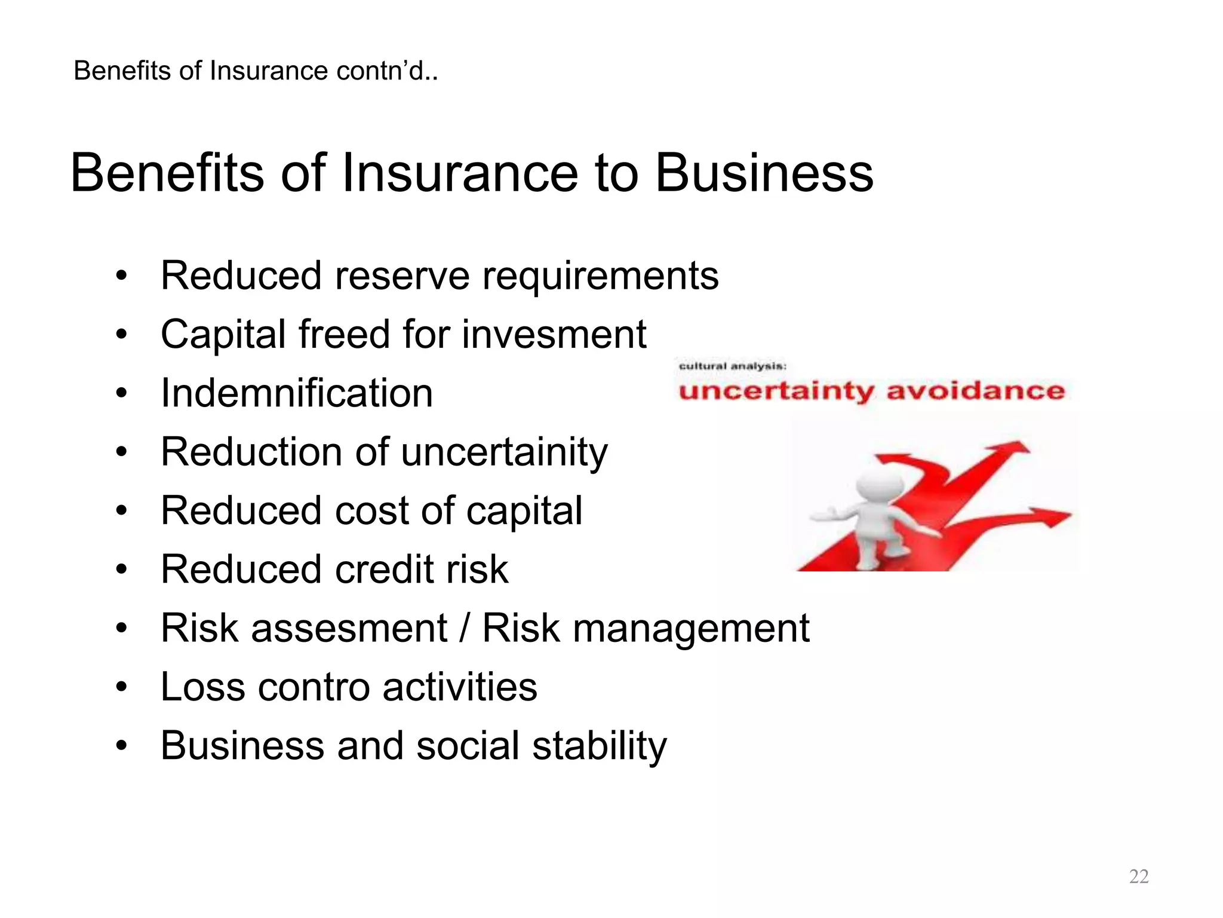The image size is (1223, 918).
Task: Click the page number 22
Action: point(1138,876)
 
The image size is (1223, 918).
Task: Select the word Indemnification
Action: point(297,393)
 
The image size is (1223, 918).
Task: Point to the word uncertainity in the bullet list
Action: point(504,452)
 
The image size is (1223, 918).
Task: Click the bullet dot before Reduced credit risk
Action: point(122,570)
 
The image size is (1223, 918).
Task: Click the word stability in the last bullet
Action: point(599,746)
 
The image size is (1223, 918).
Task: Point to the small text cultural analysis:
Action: point(733,366)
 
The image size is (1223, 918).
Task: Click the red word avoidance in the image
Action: point(975,391)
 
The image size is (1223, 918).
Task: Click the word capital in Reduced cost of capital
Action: point(524,511)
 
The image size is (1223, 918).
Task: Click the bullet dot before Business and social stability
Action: point(122,746)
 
